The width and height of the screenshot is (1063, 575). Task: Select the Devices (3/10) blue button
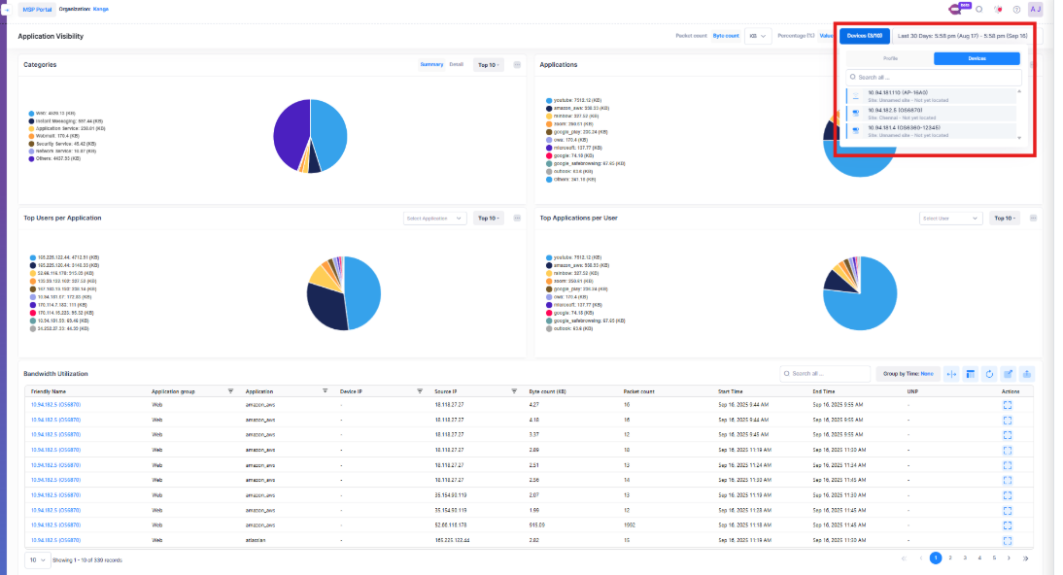coord(864,36)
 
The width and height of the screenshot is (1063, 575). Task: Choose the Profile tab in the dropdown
coord(890,58)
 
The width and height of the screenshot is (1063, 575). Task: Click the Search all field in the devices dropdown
coord(933,77)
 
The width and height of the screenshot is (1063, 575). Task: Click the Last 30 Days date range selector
coord(962,36)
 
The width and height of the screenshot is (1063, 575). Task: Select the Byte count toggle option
coord(725,36)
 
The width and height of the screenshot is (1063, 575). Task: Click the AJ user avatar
coord(1035,10)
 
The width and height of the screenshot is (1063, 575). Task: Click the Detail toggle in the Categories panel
coord(456,65)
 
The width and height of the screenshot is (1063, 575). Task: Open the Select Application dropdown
coord(434,219)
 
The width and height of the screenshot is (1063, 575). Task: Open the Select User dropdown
coord(950,219)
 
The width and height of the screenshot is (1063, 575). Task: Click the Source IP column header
coord(448,391)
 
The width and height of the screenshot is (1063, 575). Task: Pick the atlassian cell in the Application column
coord(257,539)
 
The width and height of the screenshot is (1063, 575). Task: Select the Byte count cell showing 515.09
coord(536,524)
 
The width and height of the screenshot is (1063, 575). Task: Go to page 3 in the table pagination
coord(965,558)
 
